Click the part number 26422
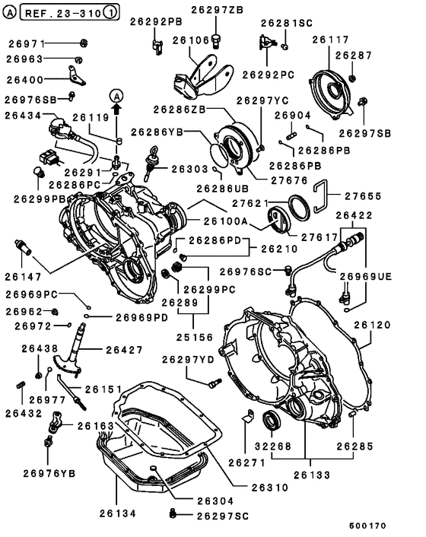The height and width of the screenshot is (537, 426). coord(354,215)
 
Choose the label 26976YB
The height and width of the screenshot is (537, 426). coord(50,473)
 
